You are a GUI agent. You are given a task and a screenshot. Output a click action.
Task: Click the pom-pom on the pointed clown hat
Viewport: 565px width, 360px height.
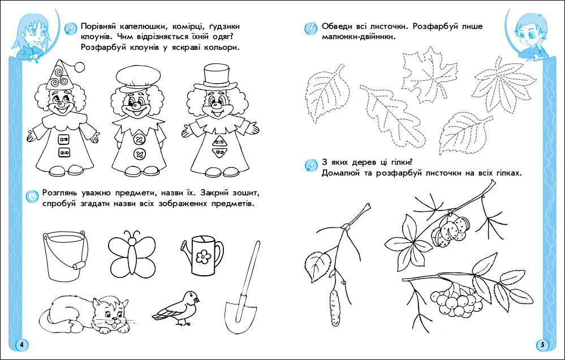coord(79,67)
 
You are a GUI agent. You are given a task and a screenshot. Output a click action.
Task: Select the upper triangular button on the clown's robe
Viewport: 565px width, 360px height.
coord(218,141)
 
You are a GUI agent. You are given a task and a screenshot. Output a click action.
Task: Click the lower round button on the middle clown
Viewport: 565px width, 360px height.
coord(139,155)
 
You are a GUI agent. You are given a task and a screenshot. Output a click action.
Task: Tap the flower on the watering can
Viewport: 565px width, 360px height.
coord(204,257)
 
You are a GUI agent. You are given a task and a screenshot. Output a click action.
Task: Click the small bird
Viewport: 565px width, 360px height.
coord(176,308)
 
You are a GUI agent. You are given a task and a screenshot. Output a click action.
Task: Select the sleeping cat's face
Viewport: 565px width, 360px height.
coord(113,314)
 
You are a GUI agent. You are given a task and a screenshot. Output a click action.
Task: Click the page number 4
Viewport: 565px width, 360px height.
coord(21,345)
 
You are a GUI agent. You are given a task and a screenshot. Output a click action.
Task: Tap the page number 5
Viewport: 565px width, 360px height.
coord(542,345)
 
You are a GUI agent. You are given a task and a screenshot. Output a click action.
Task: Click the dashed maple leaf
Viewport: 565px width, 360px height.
coord(429,75)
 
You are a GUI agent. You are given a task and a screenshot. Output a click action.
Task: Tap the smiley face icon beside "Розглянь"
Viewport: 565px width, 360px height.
coord(32,196)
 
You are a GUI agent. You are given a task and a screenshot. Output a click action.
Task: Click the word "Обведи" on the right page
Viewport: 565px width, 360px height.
coord(335,27)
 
